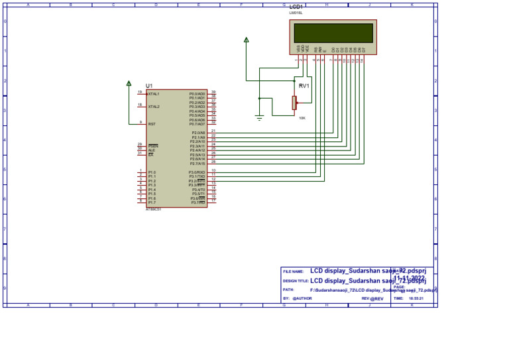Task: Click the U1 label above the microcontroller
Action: (x=149, y=86)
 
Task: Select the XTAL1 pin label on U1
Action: (x=153, y=94)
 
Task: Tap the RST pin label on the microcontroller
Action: (x=152, y=124)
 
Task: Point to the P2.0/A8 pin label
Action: (x=198, y=133)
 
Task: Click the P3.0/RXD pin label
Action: (x=197, y=172)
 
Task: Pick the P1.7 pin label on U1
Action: (x=152, y=202)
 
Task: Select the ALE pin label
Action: (x=151, y=150)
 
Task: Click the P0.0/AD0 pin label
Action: (x=197, y=94)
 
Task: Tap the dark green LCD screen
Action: (x=333, y=33)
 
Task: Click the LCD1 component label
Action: (x=296, y=7)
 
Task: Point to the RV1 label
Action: (x=304, y=86)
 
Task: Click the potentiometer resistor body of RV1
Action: (x=294, y=102)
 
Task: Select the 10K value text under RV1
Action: (x=302, y=118)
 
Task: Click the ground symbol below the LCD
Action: (x=259, y=117)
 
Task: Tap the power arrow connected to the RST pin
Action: (x=129, y=84)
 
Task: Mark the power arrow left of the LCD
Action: (x=247, y=40)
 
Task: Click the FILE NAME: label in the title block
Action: (x=293, y=272)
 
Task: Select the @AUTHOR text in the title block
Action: (x=302, y=298)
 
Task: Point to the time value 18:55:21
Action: (x=416, y=298)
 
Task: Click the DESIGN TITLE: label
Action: (x=295, y=281)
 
